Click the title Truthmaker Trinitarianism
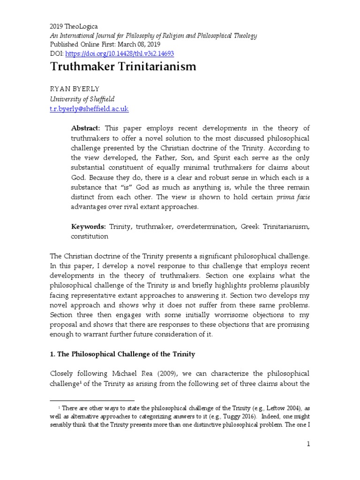point(123,67)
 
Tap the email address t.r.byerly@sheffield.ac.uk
point(89,109)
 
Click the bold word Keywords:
point(89,226)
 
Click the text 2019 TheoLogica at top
point(74,27)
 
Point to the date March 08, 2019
point(142,45)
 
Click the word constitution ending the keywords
point(90,237)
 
